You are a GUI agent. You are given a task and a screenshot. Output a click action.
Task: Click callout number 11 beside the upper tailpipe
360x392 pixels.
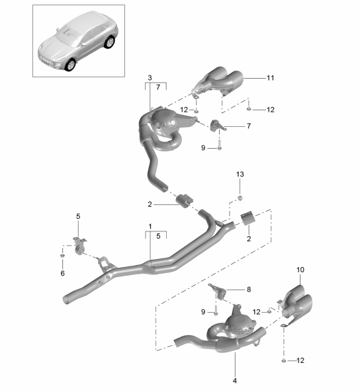[x=271, y=78]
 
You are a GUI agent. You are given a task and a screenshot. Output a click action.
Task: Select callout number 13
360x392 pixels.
[x=240, y=175]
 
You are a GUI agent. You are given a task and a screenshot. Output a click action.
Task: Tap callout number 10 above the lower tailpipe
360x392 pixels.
[x=300, y=270]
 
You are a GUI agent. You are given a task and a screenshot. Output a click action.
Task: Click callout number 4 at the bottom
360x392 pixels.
[x=234, y=381]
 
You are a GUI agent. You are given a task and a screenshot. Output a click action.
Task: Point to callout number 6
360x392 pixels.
[x=63, y=273]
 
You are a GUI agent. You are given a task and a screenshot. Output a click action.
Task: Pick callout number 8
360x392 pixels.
[x=249, y=290]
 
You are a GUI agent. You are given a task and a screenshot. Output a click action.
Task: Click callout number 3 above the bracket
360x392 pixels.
[x=150, y=78]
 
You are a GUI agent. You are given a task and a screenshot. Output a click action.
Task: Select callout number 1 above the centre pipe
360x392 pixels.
[x=150, y=227]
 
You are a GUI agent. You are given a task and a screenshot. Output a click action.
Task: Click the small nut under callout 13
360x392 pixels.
[x=240, y=198]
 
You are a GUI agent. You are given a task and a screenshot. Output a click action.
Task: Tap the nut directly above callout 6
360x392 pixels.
[x=62, y=256]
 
